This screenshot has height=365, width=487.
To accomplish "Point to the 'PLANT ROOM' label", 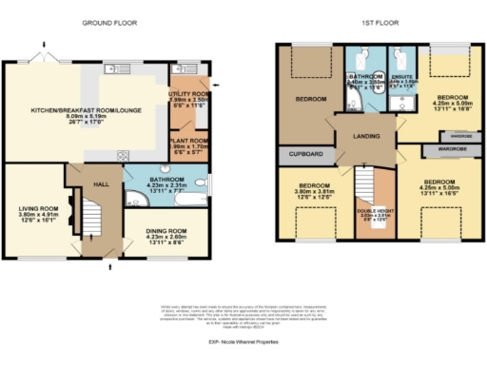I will [191, 139].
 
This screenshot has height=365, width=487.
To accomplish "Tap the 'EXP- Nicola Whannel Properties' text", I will [243, 339].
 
